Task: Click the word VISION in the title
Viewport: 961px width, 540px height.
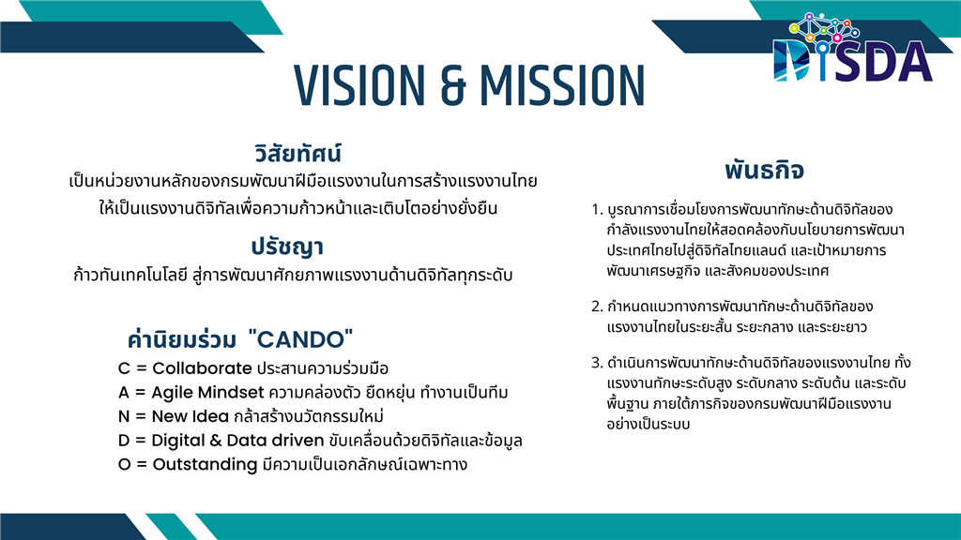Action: (359, 85)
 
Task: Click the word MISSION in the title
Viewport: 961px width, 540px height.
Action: (562, 85)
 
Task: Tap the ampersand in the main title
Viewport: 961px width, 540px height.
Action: (452, 85)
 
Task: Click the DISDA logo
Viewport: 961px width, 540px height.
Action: (852, 48)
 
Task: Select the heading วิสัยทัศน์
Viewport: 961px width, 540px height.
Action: (297, 153)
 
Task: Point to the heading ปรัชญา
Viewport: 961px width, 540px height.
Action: (287, 247)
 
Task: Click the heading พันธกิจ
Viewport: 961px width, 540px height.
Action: (764, 170)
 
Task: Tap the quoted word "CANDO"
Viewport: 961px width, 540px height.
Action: (301, 339)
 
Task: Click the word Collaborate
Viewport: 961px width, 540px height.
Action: (202, 367)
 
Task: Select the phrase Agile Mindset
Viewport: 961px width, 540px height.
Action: (207, 393)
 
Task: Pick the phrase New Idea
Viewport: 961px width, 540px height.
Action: (190, 416)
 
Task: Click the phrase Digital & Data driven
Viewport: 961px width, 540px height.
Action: (237, 441)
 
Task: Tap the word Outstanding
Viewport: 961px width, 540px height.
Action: (205, 465)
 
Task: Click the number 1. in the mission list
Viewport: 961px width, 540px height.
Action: (597, 210)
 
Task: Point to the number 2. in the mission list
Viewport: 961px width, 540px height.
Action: (597, 307)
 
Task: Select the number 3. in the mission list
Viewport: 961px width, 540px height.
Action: (597, 363)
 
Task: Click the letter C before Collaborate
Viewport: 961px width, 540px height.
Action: (124, 368)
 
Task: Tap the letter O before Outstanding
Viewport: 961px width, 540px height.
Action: (125, 465)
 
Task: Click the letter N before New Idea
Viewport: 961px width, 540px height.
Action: (124, 416)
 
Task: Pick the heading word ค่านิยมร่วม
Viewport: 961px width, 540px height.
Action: (181, 339)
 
